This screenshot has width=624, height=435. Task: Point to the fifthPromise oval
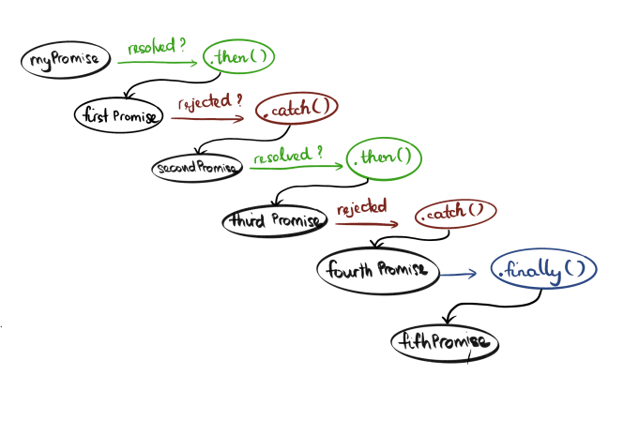tap(445, 342)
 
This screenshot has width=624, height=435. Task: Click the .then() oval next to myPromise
tap(240, 58)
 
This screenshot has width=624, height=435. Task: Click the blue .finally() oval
tap(543, 273)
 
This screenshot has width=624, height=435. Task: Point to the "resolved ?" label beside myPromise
tap(158, 46)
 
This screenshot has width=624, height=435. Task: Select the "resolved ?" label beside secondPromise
tap(287, 152)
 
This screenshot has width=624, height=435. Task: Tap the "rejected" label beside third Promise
tap(361, 206)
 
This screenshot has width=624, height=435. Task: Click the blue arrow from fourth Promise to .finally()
tap(460, 275)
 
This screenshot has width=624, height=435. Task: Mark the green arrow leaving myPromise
tap(160, 63)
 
